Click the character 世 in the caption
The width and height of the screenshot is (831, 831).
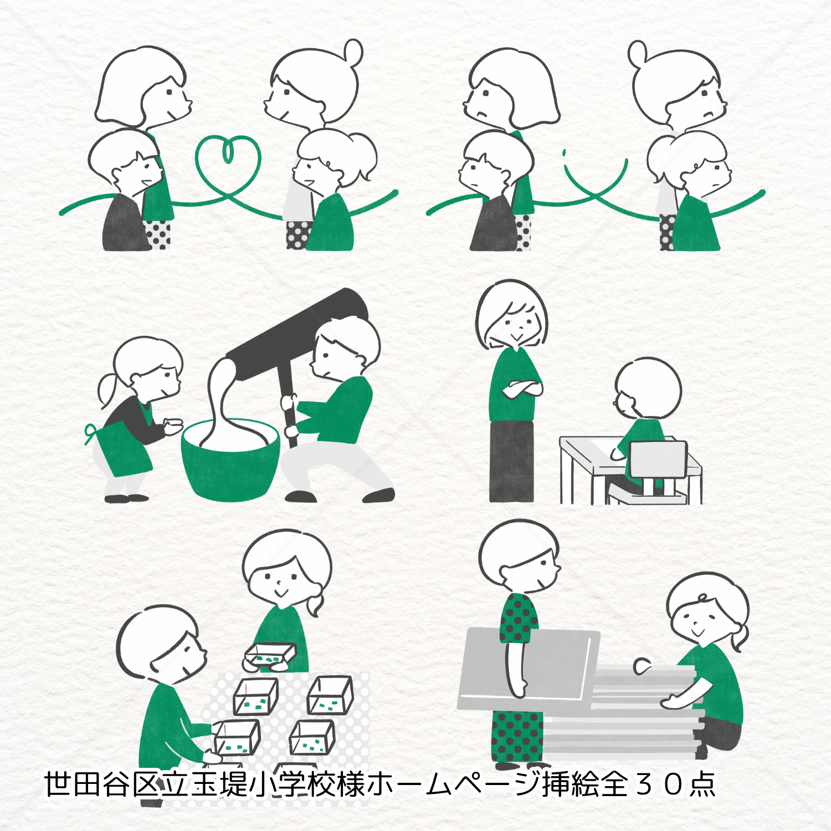pyautogui.click(x=58, y=784)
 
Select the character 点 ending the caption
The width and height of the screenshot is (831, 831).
pyautogui.click(x=701, y=784)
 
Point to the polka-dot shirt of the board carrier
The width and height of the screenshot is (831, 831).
pyautogui.click(x=519, y=618)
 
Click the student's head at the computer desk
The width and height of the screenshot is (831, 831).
pyautogui.click(x=647, y=388)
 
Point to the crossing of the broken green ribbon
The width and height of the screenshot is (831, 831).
pyautogui.click(x=596, y=194)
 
